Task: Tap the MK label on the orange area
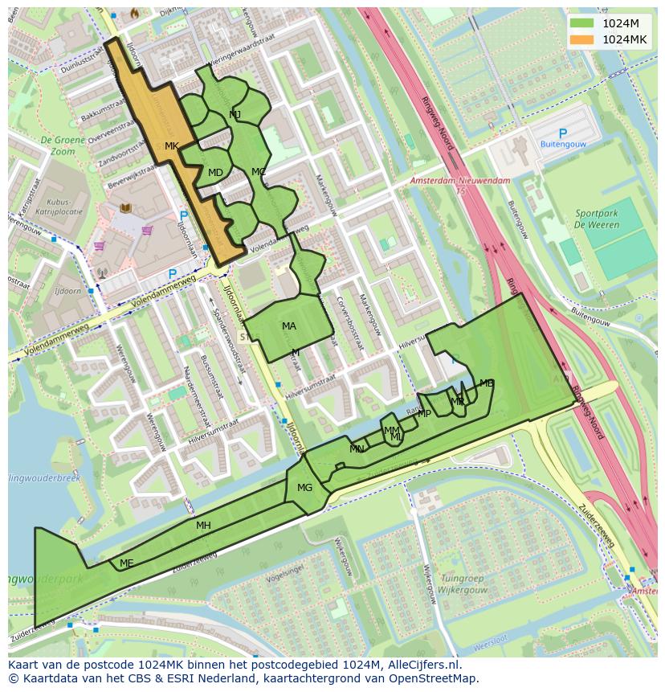click(171, 146)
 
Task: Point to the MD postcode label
click(215, 173)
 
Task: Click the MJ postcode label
click(235, 115)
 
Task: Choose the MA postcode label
click(289, 326)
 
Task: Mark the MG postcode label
click(304, 488)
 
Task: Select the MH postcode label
click(203, 526)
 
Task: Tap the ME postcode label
click(126, 563)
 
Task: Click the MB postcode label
click(486, 383)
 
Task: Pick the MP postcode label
click(424, 414)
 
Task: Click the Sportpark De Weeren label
click(597, 219)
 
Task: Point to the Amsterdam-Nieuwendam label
click(459, 182)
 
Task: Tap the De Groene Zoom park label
click(57, 145)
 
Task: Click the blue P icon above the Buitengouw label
click(562, 133)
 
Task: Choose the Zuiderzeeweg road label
click(597, 526)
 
